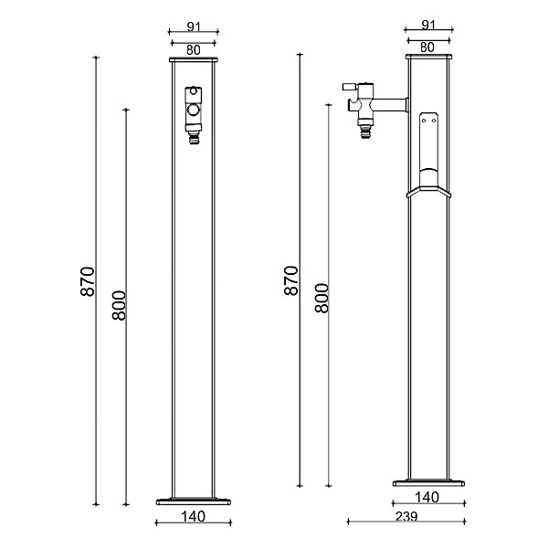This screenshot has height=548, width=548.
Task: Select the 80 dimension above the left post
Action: tap(194, 50)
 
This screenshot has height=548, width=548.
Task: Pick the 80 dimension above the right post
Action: tap(428, 47)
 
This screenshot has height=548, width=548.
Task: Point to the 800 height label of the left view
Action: tap(119, 305)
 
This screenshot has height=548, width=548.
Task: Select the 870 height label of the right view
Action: tap(291, 279)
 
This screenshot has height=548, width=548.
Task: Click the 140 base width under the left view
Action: tap(193, 516)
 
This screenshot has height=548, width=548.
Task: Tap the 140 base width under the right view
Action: tap(427, 498)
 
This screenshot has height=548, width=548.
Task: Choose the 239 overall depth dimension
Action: tap(406, 516)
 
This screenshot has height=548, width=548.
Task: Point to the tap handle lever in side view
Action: tap(350, 85)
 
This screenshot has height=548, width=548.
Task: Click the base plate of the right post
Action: tap(427, 482)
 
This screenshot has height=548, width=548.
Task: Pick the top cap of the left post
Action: tap(194, 60)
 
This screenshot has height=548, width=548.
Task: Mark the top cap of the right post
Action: tap(428, 58)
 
